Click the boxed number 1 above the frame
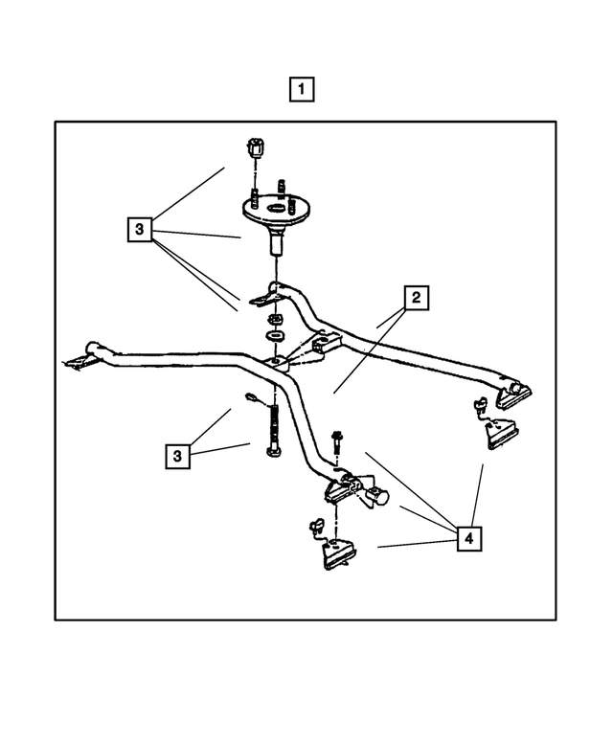pos(302,91)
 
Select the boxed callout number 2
pos(416,299)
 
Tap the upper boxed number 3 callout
pos(140,229)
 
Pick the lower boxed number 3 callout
pos(177,457)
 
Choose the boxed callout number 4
pos(467,539)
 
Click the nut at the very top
pos(255,148)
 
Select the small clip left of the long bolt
pos(251,398)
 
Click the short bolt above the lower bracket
pos(337,442)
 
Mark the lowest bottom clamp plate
pos(337,554)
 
